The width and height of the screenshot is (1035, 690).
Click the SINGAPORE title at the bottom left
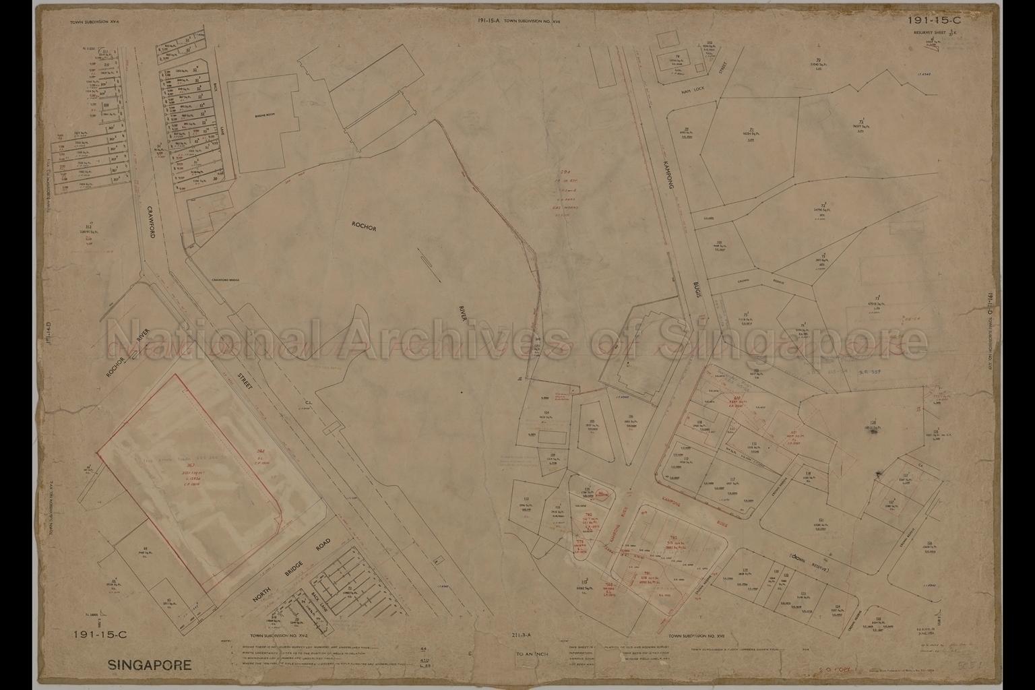(150, 666)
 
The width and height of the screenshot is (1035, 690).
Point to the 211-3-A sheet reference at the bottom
(522, 635)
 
